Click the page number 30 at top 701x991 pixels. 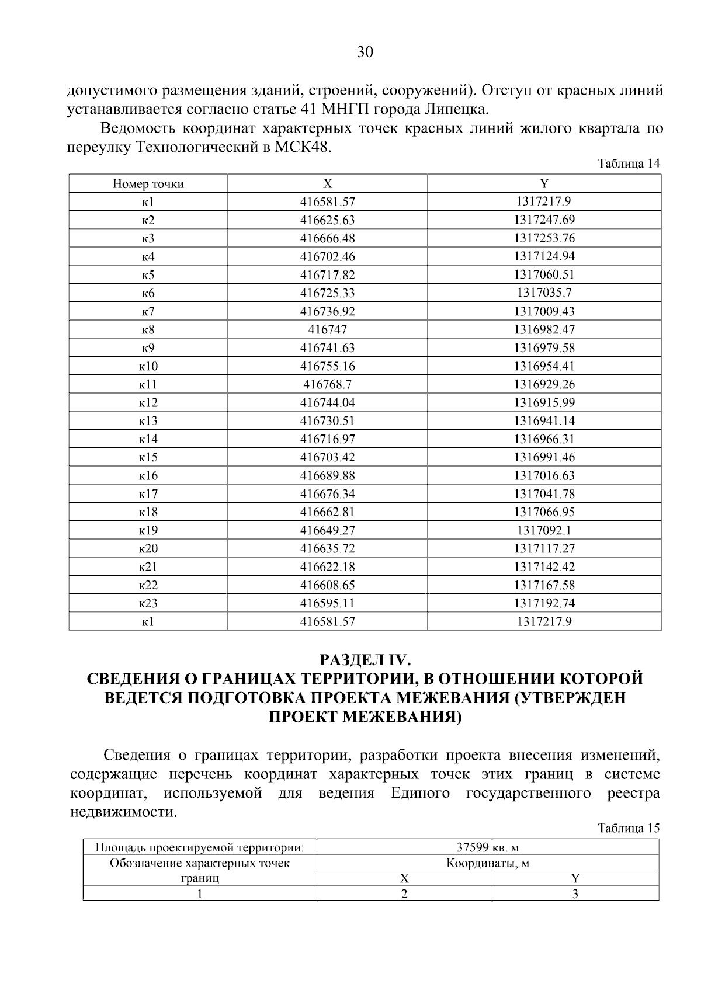click(x=365, y=53)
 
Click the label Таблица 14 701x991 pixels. click(x=629, y=164)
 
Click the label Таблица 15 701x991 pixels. click(x=629, y=828)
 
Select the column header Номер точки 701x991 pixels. click(x=148, y=184)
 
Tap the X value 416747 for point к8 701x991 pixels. click(x=327, y=330)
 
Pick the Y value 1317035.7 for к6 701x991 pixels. click(x=544, y=293)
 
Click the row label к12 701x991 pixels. click(x=148, y=403)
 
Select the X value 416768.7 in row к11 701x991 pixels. click(x=327, y=385)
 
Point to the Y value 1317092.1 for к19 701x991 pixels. click(x=544, y=531)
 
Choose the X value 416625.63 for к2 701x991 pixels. click(x=327, y=221)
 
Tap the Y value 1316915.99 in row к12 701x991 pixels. click(x=544, y=403)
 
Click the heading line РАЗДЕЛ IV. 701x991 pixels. click(x=365, y=660)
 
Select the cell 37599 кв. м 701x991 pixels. click(x=488, y=847)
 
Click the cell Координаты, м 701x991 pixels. click(x=488, y=863)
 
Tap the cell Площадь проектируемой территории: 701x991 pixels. click(x=200, y=847)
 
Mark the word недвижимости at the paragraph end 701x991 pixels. click(x=123, y=812)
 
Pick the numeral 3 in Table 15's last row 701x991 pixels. click(x=575, y=894)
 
